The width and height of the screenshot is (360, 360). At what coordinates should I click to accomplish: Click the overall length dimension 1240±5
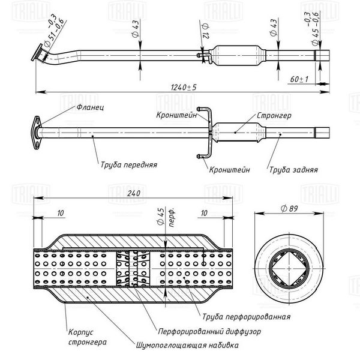[184, 87]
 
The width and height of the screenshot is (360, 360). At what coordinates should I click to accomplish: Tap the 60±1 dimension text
[299, 79]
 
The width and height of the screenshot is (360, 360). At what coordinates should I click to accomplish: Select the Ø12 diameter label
[205, 31]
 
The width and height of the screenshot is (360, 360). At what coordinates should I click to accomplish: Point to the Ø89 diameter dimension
[289, 209]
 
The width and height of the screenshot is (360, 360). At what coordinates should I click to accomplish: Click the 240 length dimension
[134, 193]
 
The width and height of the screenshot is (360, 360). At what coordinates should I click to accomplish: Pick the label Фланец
[90, 107]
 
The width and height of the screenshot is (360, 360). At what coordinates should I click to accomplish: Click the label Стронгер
[274, 115]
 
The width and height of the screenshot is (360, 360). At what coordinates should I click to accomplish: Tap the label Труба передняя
[129, 164]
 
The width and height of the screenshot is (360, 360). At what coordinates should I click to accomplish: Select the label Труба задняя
[293, 170]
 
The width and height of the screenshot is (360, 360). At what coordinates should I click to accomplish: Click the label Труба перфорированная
[246, 317]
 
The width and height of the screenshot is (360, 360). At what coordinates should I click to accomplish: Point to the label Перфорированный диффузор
[209, 332]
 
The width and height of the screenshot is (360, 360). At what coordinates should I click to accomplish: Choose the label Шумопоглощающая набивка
[187, 345]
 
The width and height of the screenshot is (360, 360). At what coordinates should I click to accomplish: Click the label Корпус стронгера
[88, 337]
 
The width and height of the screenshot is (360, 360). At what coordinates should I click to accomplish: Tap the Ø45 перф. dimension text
[166, 217]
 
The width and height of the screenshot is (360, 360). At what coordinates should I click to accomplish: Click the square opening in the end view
[289, 268]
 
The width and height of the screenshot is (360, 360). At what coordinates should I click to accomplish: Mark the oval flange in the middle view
[37, 133]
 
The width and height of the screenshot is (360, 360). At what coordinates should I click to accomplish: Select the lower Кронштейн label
[229, 170]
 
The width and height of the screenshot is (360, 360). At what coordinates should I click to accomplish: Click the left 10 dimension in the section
[61, 213]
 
